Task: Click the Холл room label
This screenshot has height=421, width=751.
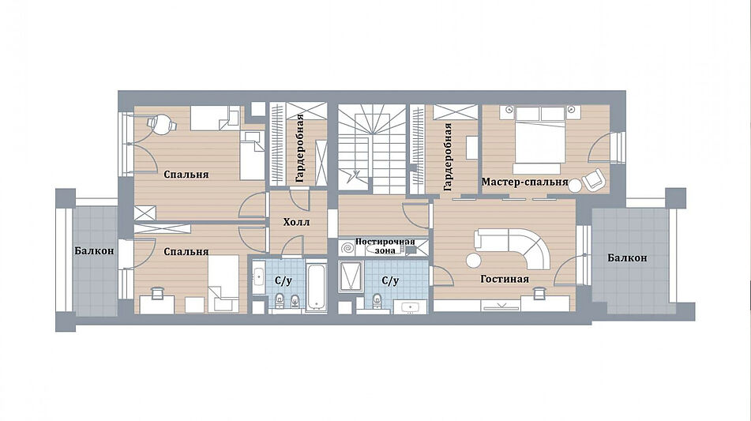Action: tap(296, 222)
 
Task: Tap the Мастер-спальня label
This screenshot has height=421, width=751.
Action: tap(524, 182)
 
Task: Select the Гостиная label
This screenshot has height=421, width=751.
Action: tap(505, 279)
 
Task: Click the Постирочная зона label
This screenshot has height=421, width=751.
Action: tap(385, 246)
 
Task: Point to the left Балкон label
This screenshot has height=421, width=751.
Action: tap(94, 250)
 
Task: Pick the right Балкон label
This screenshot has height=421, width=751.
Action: tap(627, 257)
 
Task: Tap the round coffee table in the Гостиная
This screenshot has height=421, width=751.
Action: tap(474, 261)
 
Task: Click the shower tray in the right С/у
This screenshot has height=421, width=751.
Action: tap(352, 276)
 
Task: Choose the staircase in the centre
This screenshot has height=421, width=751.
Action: tap(372, 148)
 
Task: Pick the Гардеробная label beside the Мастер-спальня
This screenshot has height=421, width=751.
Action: tap(447, 156)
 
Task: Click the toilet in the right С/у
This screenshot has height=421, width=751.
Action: tap(377, 300)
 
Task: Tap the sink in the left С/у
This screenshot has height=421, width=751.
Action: tap(258, 277)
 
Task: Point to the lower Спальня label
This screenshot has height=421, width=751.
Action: tap(186, 252)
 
